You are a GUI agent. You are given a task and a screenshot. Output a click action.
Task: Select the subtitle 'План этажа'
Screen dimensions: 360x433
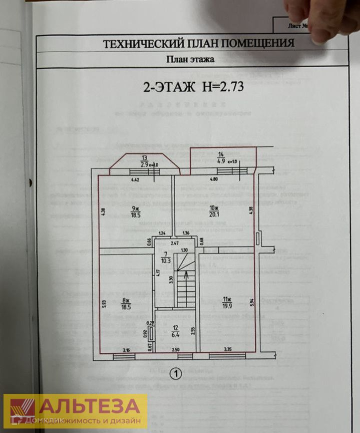point(190,60)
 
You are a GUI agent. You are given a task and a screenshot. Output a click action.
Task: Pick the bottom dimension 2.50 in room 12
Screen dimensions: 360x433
point(175,349)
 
